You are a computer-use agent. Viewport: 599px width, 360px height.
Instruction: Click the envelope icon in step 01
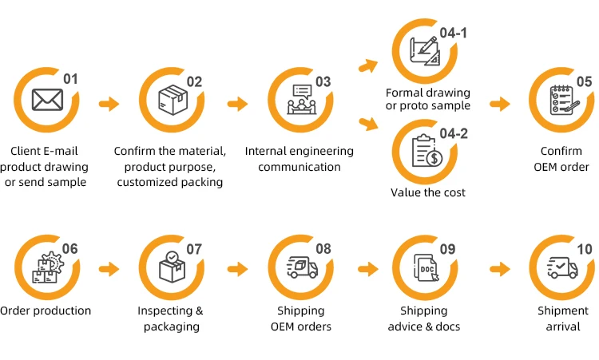tap(46, 101)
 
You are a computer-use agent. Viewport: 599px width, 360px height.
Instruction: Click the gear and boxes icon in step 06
tap(46, 267)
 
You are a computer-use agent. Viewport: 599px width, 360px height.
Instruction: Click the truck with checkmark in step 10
tap(562, 267)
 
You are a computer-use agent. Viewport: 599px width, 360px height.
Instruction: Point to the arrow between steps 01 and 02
tap(109, 104)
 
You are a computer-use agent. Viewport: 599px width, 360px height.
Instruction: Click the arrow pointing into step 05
tap(499, 104)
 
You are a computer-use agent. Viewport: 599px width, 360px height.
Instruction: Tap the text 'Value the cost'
tap(428, 192)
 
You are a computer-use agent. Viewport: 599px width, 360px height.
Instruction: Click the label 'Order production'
tap(46, 311)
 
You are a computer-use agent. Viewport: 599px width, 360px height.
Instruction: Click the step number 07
tap(195, 248)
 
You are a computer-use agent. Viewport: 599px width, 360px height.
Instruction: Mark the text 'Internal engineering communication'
tap(299, 159)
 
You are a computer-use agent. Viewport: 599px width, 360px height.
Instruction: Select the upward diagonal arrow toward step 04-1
tap(368, 65)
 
